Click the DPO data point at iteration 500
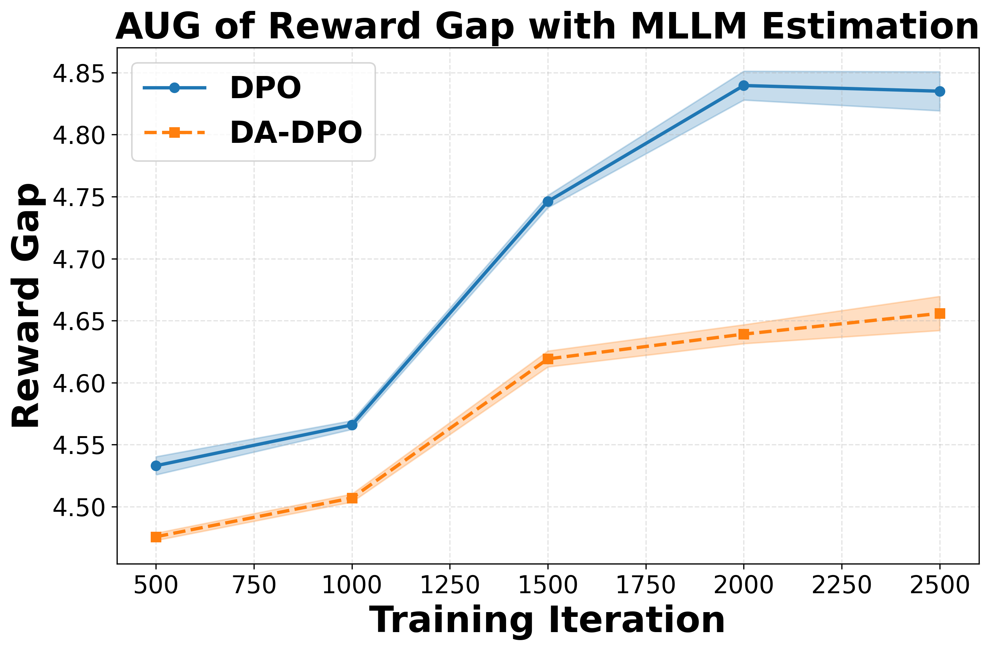[x=156, y=466]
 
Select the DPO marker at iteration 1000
[x=352, y=425]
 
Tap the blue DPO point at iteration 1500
[x=548, y=202]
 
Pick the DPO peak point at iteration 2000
[x=744, y=86]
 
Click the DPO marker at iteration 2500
[x=940, y=92]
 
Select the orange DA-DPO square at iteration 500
[x=156, y=537]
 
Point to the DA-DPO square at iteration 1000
[x=352, y=498]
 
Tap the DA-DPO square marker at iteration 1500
[x=548, y=359]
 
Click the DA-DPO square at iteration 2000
[x=744, y=334]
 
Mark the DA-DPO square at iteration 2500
[x=940, y=313]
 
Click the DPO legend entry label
[x=265, y=88]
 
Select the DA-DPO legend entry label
[x=296, y=133]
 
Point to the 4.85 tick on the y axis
[x=78, y=73]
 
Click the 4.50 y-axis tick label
[x=78, y=507]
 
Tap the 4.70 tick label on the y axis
[x=78, y=260]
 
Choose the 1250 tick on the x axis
[x=450, y=585]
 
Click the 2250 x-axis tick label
[x=842, y=585]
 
